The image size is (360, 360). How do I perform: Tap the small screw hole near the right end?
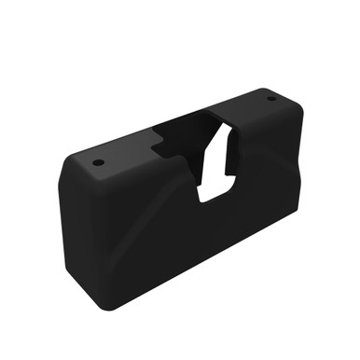(272, 98)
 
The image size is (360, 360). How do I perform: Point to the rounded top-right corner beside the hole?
(295, 104)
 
